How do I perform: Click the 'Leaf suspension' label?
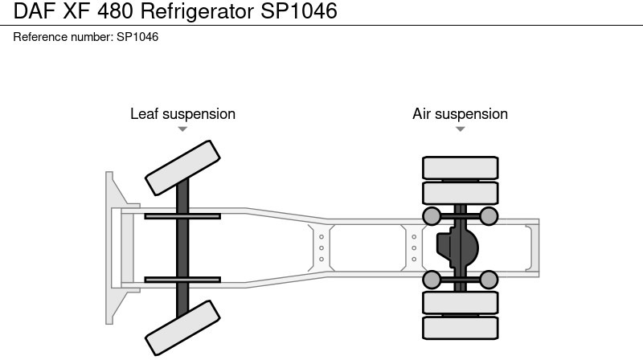pyautogui.click(x=182, y=114)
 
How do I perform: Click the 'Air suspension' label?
pyautogui.click(x=460, y=114)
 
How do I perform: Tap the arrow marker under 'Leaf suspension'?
pyautogui.click(x=182, y=129)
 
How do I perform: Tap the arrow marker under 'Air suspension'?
pyautogui.click(x=460, y=129)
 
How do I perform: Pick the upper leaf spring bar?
pyautogui.click(x=182, y=215)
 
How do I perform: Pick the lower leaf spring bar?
pyautogui.click(x=182, y=280)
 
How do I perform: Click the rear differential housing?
pyautogui.click(x=456, y=247)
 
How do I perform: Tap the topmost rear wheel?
pyautogui.click(x=460, y=167)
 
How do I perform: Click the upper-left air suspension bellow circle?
pyautogui.click(x=432, y=215)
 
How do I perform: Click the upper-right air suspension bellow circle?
pyautogui.click(x=489, y=215)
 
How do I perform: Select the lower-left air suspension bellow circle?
pyautogui.click(x=432, y=280)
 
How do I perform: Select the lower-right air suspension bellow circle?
pyautogui.click(x=489, y=280)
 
